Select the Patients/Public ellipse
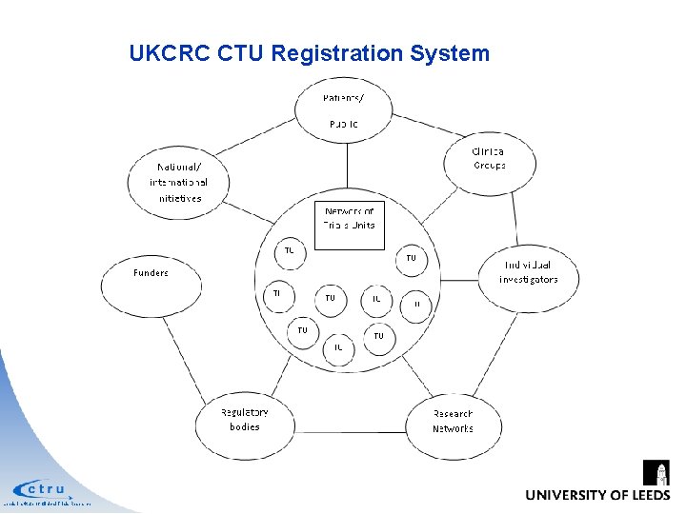(x=344, y=111)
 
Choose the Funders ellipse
(x=151, y=281)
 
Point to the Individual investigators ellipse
(x=528, y=273)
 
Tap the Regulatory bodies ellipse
(x=244, y=421)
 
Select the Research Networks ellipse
(x=453, y=422)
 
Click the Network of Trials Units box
(x=350, y=225)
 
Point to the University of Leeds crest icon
(x=656, y=473)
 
